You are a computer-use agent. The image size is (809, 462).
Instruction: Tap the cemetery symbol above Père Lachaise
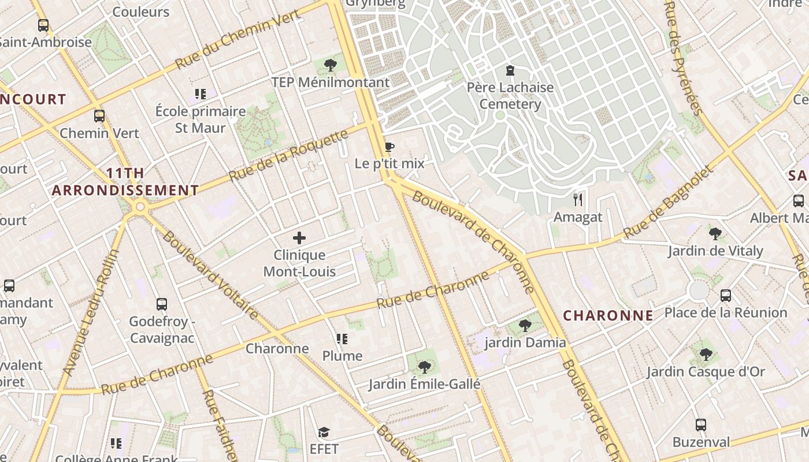tap(510, 70)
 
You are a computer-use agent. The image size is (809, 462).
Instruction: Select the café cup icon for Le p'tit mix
tap(389, 147)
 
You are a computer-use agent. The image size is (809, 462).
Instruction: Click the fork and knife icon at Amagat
tap(578, 200)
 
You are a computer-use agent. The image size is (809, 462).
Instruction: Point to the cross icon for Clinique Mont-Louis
tap(299, 237)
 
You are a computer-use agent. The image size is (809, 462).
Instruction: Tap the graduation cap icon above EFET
tap(324, 432)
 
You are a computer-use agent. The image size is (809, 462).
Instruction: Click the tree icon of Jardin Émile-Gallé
tap(424, 367)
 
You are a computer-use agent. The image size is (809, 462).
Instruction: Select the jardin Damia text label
tap(525, 342)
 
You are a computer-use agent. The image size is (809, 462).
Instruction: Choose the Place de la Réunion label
tap(725, 312)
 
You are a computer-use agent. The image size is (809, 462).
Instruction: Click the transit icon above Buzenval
tap(700, 425)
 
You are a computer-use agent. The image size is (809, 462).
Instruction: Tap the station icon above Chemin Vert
tap(99, 115)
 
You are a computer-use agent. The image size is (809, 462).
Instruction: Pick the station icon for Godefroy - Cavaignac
tap(162, 304)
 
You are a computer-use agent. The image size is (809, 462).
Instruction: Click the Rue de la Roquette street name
tap(289, 155)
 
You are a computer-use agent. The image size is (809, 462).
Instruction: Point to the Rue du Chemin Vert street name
tap(237, 39)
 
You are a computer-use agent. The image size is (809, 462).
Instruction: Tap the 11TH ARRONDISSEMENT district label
tap(125, 181)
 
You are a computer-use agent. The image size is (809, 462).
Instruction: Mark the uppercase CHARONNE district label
tap(608, 315)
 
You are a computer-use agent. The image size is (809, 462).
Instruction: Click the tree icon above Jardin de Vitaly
tap(715, 234)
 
